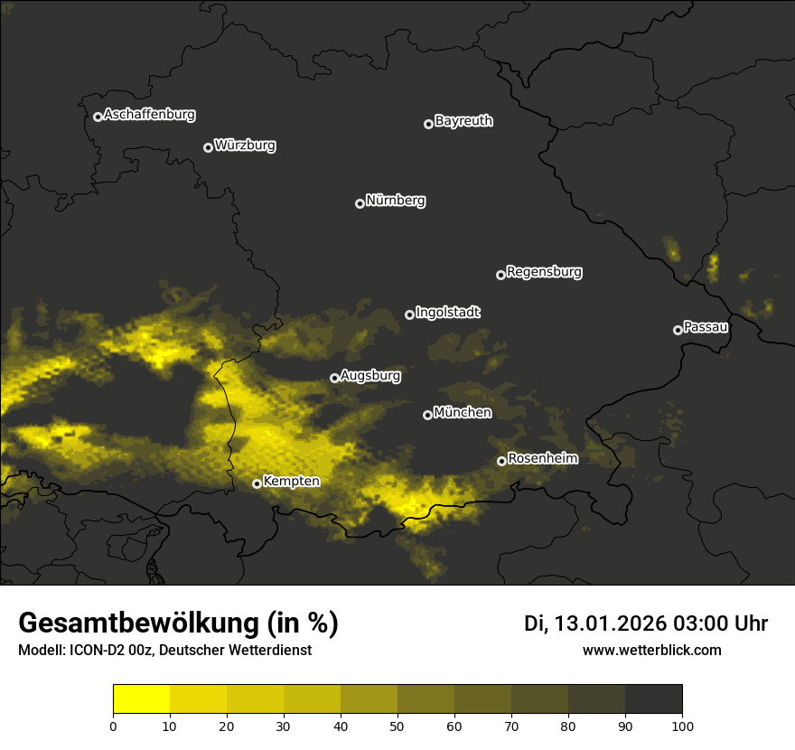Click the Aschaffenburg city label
coord(149,115)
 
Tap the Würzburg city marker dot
coord(208,147)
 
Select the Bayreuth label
coord(463,121)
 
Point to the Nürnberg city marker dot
coord(360,203)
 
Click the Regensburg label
coord(544,271)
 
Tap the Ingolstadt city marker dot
coord(409,314)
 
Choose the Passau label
coord(706,327)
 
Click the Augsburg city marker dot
coord(334,378)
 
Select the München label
coord(463,412)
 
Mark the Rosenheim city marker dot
coord(501,462)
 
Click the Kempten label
coord(291,482)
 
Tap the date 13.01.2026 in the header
coord(609,623)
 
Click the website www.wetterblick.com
coord(651,650)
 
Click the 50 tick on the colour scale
coord(397,725)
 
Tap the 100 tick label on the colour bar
coord(682,725)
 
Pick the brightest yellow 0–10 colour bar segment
coord(141,699)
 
